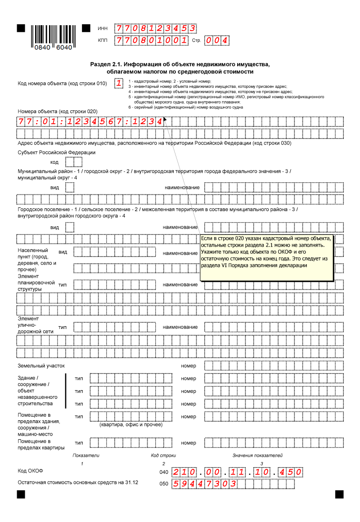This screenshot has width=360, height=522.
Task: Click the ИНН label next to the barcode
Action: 103,29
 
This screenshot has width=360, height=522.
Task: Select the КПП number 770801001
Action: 151,40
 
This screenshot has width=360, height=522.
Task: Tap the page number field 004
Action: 216,40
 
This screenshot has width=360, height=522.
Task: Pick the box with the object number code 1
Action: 118,83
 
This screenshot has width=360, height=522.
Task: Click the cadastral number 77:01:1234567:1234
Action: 90,121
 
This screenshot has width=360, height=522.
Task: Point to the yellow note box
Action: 267,258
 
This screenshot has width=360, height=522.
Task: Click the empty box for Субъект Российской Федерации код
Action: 71,162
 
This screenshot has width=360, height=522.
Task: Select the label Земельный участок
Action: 41,366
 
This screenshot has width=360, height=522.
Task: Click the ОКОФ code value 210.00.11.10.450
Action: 237,472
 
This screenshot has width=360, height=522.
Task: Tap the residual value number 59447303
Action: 205,484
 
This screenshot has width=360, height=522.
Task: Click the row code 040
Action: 164,472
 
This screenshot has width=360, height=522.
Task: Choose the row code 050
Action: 164,484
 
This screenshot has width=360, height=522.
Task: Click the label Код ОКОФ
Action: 30,471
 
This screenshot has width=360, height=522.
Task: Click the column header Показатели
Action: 86,455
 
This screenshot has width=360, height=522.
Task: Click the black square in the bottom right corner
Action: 339,495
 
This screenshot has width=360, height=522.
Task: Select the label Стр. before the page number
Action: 196,40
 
